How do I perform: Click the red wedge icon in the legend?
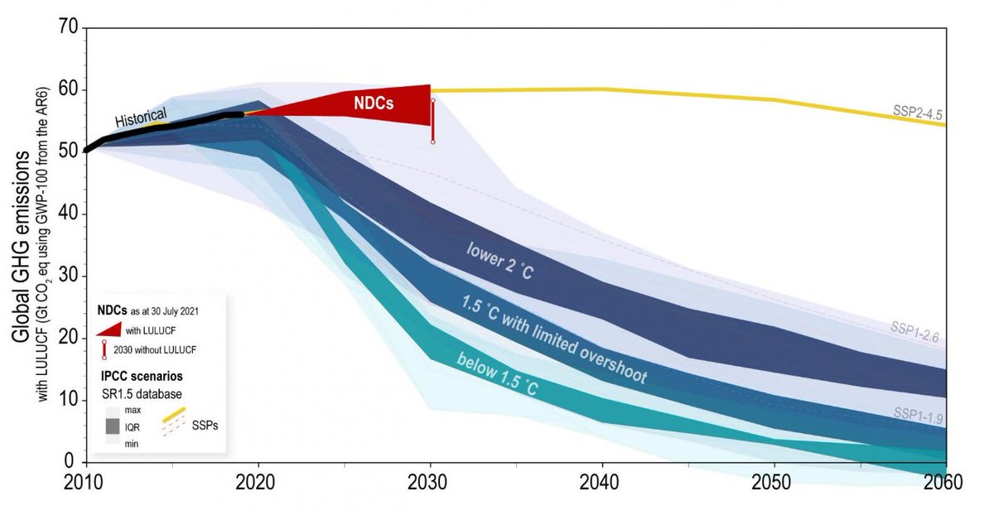pos(115,330)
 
